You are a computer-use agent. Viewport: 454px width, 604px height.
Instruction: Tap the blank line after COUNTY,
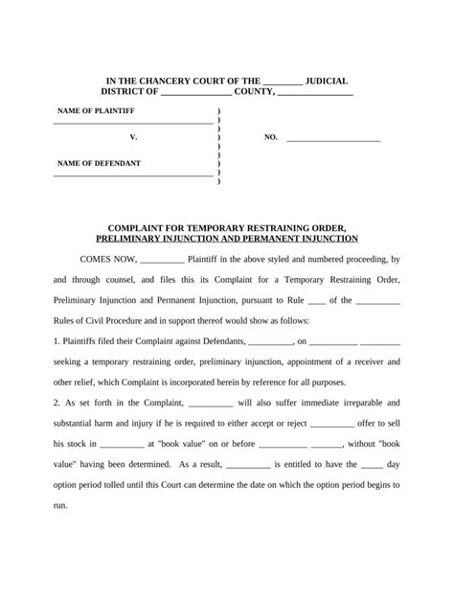coord(316,93)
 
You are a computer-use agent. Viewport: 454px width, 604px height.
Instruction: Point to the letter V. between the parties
coord(133,138)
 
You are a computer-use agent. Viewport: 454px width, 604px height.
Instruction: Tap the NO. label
coord(270,138)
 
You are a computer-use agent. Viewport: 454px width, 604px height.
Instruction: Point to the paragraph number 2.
coord(57,404)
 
